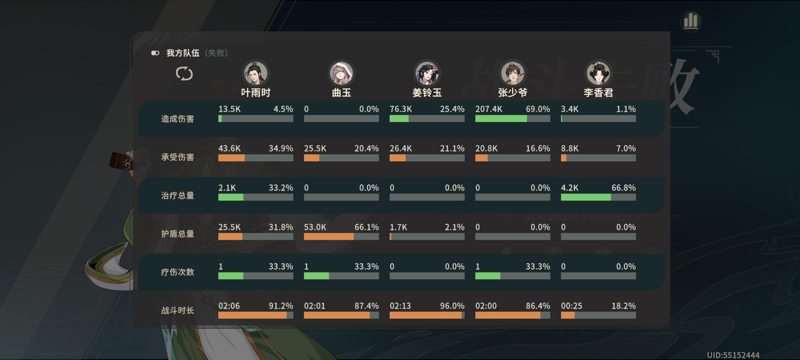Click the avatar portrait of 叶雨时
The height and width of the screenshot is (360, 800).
click(255, 73)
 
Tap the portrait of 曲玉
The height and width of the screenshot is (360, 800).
click(341, 73)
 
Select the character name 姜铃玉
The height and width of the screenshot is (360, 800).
click(427, 92)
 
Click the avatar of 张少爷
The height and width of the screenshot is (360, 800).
click(512, 73)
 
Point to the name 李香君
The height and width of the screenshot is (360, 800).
click(598, 92)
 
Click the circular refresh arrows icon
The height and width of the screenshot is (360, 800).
click(184, 73)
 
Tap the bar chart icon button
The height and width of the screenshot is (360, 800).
click(691, 21)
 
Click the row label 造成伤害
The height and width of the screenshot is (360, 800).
click(177, 119)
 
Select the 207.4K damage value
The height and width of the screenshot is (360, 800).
click(488, 109)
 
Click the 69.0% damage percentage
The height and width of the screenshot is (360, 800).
click(537, 109)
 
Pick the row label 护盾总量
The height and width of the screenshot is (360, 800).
click(177, 233)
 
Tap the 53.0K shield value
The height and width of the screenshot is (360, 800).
click(315, 227)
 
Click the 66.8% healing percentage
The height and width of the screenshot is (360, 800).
click(623, 187)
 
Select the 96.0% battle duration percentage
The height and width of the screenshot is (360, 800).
click(452, 306)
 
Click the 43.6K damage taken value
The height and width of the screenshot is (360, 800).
click(229, 148)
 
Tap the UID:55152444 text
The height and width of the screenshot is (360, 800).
click(733, 355)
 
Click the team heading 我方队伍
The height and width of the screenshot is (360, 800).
click(182, 53)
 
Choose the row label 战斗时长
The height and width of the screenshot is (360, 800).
click(177, 310)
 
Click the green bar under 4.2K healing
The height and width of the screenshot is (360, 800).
click(586, 197)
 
